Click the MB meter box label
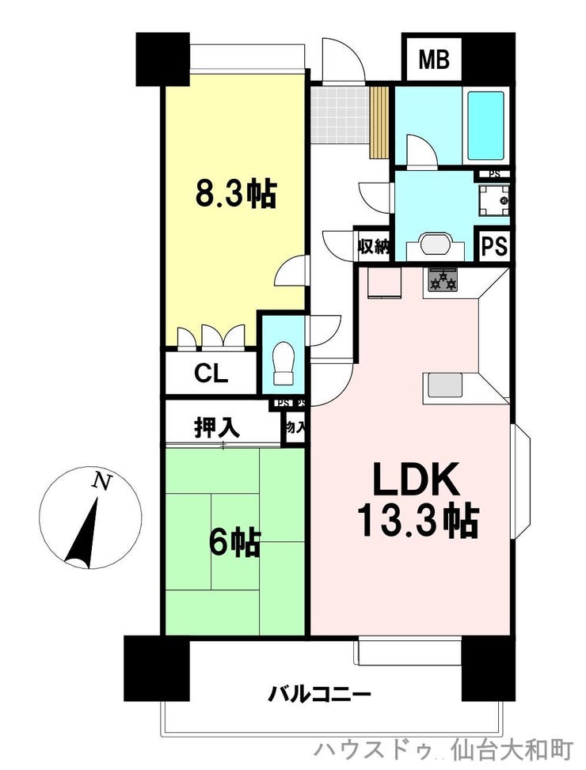click(433, 59)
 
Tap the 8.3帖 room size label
click(236, 192)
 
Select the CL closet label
click(211, 374)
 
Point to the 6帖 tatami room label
click(234, 542)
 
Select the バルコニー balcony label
click(319, 696)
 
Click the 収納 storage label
click(374, 246)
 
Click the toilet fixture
click(282, 363)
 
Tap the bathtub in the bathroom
click(485, 125)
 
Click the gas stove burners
click(443, 279)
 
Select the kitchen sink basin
click(443, 385)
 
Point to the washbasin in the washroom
click(434, 243)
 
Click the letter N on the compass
click(101, 480)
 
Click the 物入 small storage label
click(296, 427)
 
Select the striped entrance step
click(380, 121)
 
